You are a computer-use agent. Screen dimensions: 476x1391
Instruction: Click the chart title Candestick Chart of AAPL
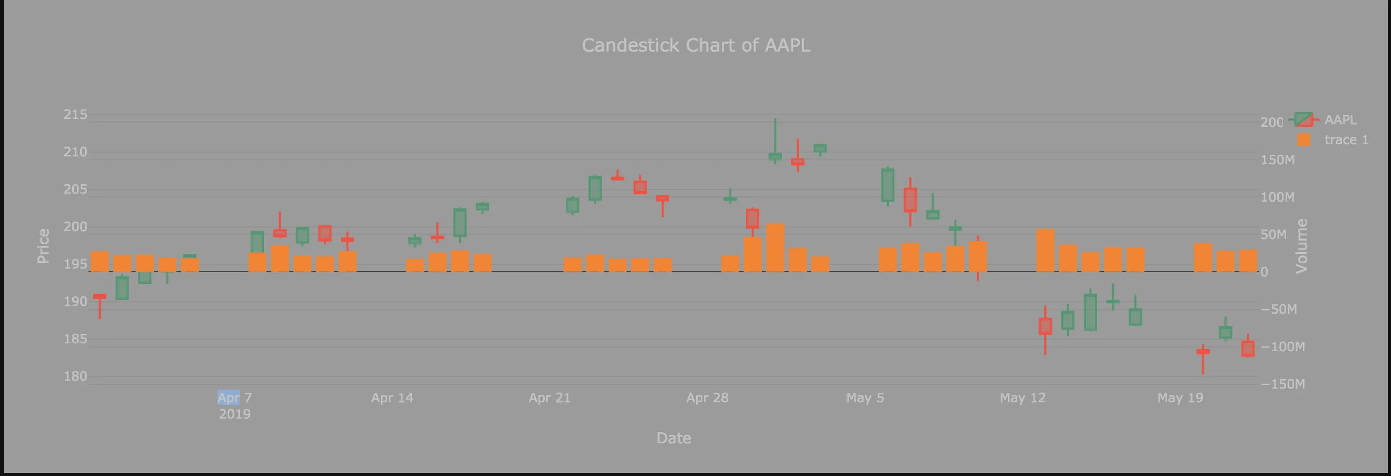pos(695,45)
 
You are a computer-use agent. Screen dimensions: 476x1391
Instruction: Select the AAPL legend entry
pos(1340,120)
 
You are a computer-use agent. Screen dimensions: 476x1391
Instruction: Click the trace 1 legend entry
pos(1346,140)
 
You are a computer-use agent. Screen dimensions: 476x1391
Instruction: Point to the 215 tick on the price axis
pos(75,114)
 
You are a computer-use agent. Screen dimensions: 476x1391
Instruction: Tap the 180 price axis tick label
pos(75,376)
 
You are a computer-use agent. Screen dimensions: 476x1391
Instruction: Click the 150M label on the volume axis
pos(1277,160)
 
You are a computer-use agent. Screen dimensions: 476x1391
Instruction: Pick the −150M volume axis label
pos(1282,384)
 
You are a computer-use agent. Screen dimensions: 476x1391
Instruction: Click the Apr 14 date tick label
pos(392,398)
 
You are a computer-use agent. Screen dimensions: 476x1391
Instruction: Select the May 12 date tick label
pos(1022,398)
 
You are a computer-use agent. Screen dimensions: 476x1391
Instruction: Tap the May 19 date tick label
pos(1180,398)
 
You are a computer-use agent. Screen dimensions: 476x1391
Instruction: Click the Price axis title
pos(43,246)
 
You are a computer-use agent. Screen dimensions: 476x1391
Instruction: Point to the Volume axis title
pos(1301,246)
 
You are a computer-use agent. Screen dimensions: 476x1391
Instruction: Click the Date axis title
pos(673,438)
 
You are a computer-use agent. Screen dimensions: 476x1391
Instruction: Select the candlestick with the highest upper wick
pos(775,156)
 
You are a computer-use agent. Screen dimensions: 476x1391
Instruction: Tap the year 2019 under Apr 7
pos(234,414)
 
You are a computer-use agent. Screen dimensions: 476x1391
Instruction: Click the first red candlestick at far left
pos(100,296)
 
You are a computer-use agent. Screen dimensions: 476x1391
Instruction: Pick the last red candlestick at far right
pos(1247,349)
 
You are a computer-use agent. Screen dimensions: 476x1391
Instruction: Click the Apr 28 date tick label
pos(707,398)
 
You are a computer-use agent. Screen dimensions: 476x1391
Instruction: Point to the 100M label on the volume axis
pos(1277,197)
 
